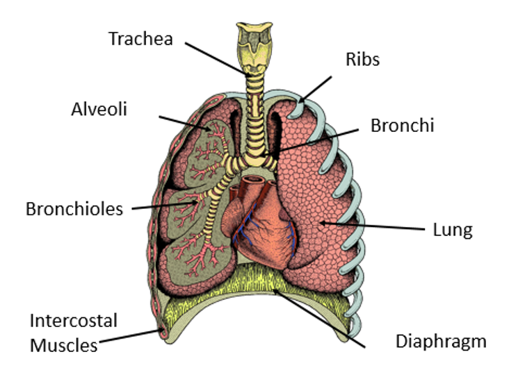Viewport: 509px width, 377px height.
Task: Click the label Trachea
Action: pos(140,39)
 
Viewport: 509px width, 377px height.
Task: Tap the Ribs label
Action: pos(362,59)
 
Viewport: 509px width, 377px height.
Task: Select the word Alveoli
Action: pos(99,109)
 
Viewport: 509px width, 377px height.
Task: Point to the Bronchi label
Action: pos(402,126)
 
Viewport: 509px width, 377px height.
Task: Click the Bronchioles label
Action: pos(74,209)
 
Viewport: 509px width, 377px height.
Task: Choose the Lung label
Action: pos(453,230)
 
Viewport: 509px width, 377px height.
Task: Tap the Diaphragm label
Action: pos(441,342)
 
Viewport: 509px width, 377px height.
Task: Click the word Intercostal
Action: pos(74,321)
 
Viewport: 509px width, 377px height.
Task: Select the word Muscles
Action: pos(64,345)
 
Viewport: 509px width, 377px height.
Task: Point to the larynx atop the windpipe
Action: pos(255,47)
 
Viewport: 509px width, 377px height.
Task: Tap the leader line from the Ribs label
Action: pos(314,90)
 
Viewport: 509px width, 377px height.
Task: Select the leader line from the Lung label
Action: pos(372,226)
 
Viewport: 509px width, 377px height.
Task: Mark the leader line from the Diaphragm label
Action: pos(318,318)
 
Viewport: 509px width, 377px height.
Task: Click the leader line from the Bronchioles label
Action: pos(165,206)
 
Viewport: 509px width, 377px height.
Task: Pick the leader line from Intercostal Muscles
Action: pos(130,336)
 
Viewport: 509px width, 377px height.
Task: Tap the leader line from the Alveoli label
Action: pos(185,123)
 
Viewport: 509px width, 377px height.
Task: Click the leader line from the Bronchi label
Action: pos(312,142)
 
